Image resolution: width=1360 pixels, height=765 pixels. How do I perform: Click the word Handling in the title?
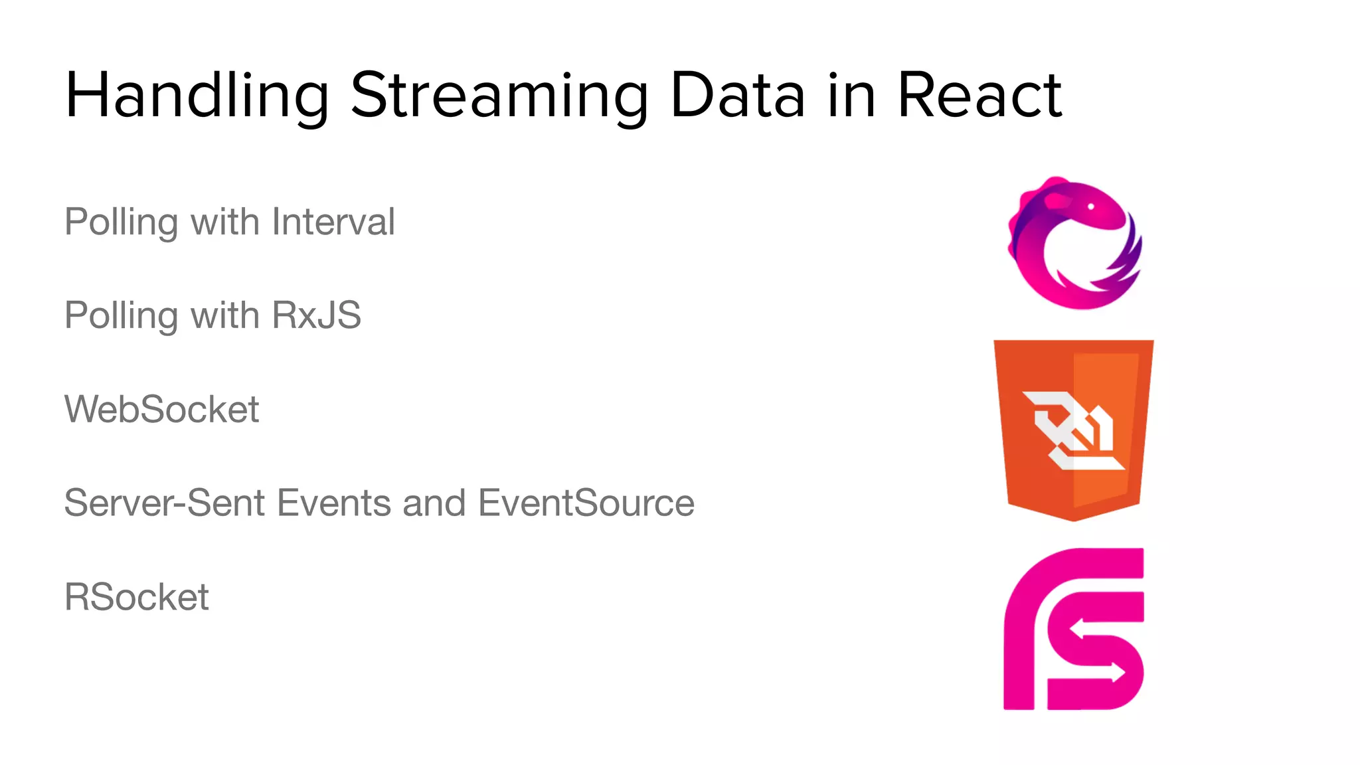tap(197, 96)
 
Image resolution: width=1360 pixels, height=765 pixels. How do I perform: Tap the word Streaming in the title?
tap(499, 96)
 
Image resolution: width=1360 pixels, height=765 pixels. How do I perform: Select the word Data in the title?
tap(737, 96)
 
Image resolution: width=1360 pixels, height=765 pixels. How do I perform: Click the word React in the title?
tap(979, 96)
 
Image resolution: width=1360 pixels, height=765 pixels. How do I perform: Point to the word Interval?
tap(333, 222)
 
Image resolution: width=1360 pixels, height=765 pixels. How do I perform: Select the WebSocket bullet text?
tap(161, 409)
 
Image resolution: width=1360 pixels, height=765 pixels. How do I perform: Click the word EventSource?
tap(586, 503)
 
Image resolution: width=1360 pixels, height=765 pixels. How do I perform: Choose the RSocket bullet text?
tap(136, 596)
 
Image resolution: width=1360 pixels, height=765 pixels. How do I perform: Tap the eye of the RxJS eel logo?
tap(1090, 207)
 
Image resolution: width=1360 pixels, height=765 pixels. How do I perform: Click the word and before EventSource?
tap(434, 503)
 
